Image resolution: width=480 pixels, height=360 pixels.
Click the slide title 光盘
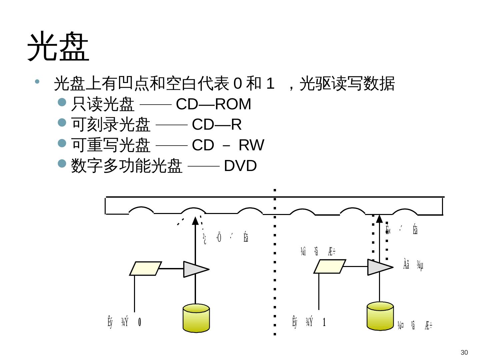58,47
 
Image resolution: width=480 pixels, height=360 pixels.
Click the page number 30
464,353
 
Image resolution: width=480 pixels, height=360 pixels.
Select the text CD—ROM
213,104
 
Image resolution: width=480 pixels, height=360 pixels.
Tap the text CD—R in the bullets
217,125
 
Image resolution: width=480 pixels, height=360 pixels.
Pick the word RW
251,145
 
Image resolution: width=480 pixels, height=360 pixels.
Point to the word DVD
240,166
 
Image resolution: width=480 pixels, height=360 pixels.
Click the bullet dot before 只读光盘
62,102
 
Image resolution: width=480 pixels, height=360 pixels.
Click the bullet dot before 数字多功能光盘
62,163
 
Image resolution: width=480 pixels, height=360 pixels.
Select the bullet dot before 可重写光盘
62,143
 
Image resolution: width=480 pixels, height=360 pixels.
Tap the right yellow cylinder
380,316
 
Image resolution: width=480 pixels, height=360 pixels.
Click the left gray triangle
195,269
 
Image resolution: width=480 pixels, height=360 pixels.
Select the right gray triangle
379,267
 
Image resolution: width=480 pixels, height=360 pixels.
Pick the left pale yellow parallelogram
146,269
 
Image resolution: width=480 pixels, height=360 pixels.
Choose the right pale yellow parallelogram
330,266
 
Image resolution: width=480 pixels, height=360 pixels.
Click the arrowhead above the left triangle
195,220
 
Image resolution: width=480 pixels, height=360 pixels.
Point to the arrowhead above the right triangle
379,218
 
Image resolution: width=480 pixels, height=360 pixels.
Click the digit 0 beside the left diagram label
140,322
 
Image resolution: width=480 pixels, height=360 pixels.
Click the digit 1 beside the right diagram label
324,322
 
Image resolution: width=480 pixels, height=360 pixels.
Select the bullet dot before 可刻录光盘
62,123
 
